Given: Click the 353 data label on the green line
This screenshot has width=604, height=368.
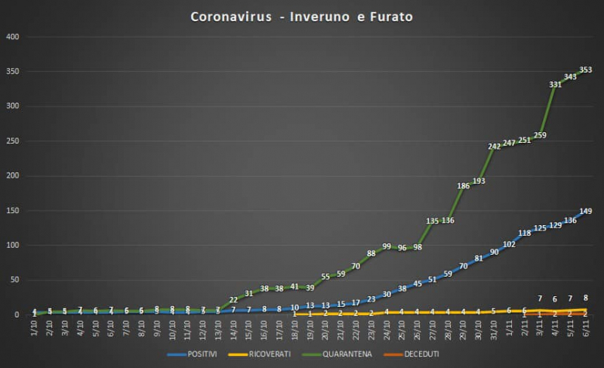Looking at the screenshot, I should (585, 70).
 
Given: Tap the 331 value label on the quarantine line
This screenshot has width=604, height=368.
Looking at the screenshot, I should (555, 85).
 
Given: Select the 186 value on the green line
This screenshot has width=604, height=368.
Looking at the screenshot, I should (463, 186).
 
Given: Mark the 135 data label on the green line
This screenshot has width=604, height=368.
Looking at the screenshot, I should (433, 221).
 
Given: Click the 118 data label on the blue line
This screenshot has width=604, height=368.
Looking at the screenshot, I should (524, 233).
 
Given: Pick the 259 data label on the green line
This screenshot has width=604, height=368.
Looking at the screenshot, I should (539, 135).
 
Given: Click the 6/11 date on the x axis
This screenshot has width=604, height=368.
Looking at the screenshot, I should (585, 330).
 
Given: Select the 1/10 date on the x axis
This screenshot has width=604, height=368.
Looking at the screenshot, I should (35, 330).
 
